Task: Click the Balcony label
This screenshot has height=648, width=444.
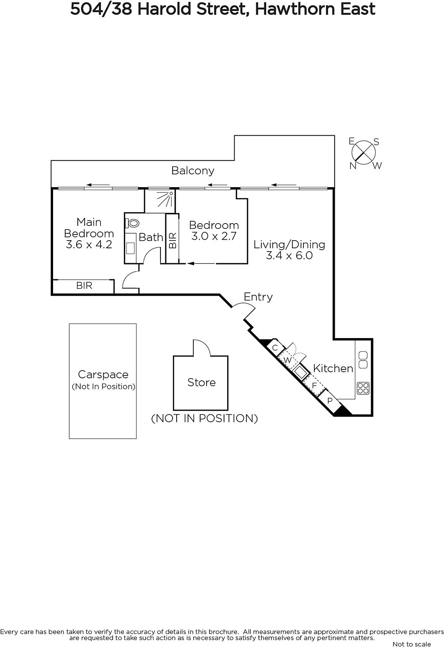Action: (x=193, y=171)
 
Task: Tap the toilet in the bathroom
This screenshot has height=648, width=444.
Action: (x=132, y=223)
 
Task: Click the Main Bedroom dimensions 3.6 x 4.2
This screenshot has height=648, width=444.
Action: (x=89, y=245)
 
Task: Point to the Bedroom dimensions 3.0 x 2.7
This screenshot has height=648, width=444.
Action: (x=214, y=237)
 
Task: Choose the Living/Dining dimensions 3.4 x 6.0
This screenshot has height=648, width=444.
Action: (x=289, y=256)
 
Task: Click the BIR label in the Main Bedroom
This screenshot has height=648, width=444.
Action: (x=84, y=286)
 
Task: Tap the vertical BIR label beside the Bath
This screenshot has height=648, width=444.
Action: (x=173, y=241)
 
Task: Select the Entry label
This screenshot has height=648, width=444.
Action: (x=258, y=297)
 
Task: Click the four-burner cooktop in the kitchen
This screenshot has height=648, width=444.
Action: (x=363, y=388)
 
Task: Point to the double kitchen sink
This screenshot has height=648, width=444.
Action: (x=363, y=360)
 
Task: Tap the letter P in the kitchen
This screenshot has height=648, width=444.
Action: (x=330, y=401)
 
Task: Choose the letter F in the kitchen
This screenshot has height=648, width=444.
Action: (x=314, y=386)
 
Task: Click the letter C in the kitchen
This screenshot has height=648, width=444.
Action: (x=275, y=347)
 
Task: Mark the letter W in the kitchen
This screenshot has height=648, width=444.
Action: (x=287, y=360)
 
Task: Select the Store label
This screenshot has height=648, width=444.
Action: (x=201, y=382)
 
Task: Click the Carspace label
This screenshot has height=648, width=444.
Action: (x=103, y=374)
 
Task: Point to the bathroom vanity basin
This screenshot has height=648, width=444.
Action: (x=130, y=248)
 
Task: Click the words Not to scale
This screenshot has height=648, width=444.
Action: (x=412, y=644)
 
